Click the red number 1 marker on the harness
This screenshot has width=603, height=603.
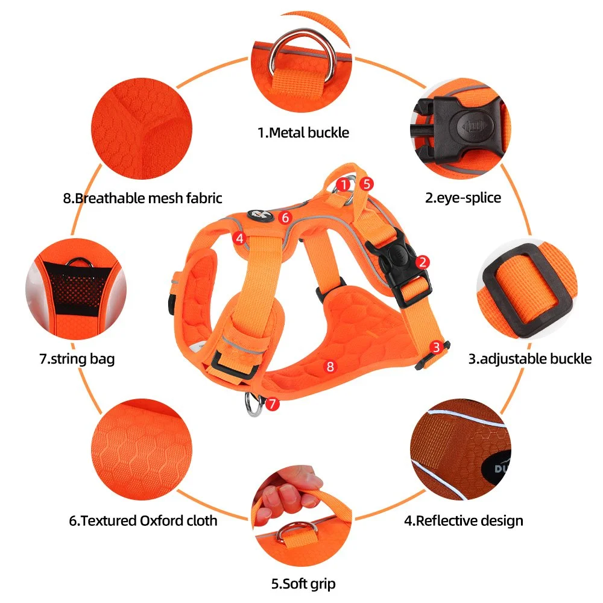343,185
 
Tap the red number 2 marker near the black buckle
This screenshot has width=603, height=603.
423,262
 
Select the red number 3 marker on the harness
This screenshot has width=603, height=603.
436,347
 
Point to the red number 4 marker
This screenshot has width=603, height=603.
239,238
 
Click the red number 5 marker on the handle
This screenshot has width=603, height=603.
367,184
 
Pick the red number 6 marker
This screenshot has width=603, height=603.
285,218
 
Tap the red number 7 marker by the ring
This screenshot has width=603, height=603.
273,404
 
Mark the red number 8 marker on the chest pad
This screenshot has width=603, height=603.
330,367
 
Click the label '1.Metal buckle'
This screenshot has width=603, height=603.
303,133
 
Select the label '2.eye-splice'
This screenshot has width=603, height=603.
463,198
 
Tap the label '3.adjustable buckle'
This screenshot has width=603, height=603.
530,359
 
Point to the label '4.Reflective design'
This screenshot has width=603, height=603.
463,521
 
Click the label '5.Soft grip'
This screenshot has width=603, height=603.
303,584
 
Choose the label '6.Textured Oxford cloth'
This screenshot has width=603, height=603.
143,521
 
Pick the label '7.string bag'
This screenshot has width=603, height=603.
77,359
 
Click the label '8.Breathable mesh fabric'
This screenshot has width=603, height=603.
143,198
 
